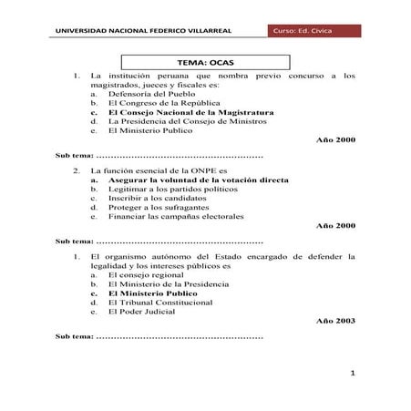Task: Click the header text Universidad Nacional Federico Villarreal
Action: [x=143, y=33]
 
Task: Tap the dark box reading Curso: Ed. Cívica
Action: [x=309, y=33]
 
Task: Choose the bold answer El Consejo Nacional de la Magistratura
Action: [x=190, y=112]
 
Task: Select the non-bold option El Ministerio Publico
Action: [x=151, y=130]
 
